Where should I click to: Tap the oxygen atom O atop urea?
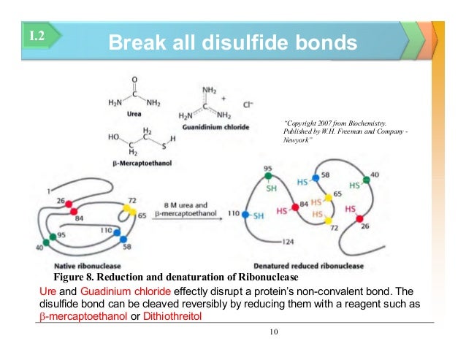click(x=134, y=79)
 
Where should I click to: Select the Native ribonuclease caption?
click(x=83, y=266)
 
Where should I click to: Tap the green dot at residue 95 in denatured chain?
click(x=269, y=176)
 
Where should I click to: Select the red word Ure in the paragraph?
click(x=45, y=291)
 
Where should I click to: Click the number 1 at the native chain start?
click(x=48, y=191)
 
